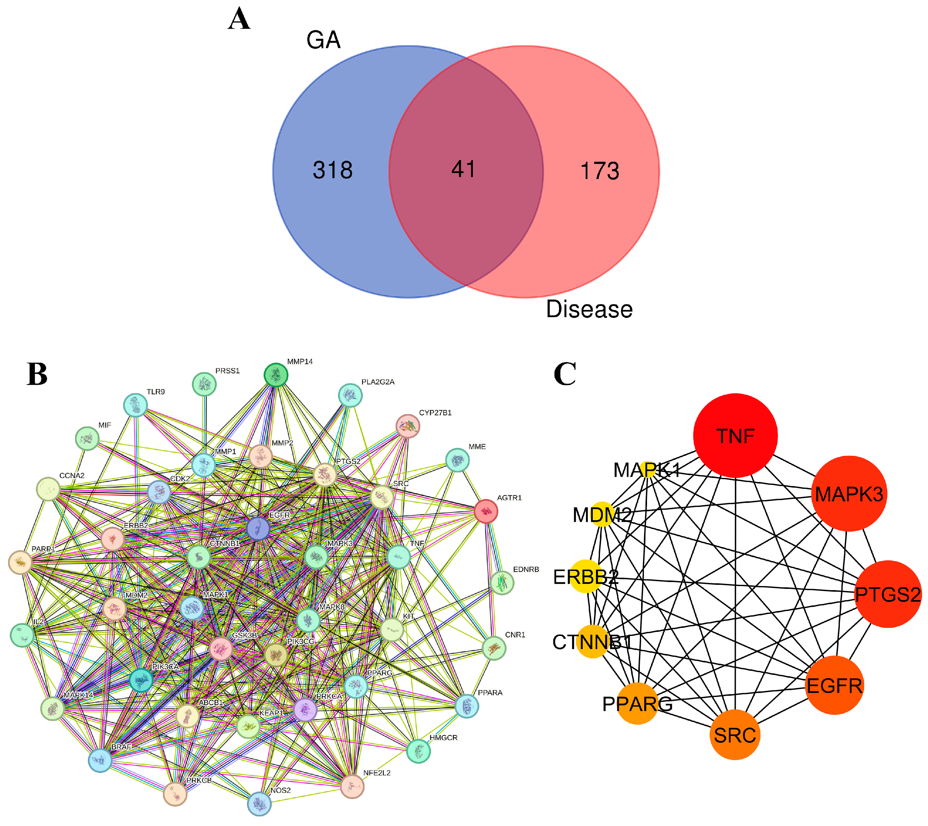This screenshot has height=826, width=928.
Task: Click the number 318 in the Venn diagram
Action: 332,170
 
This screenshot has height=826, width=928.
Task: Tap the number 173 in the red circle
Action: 599,171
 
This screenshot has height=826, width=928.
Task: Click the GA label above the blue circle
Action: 323,40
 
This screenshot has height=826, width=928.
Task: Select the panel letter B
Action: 37,374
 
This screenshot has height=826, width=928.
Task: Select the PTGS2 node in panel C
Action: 888,594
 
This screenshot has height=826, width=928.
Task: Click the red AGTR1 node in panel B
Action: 486,511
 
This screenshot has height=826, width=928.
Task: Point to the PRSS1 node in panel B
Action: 204,384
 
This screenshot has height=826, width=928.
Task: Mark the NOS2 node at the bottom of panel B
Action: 259,804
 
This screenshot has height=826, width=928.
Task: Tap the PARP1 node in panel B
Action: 20,562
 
